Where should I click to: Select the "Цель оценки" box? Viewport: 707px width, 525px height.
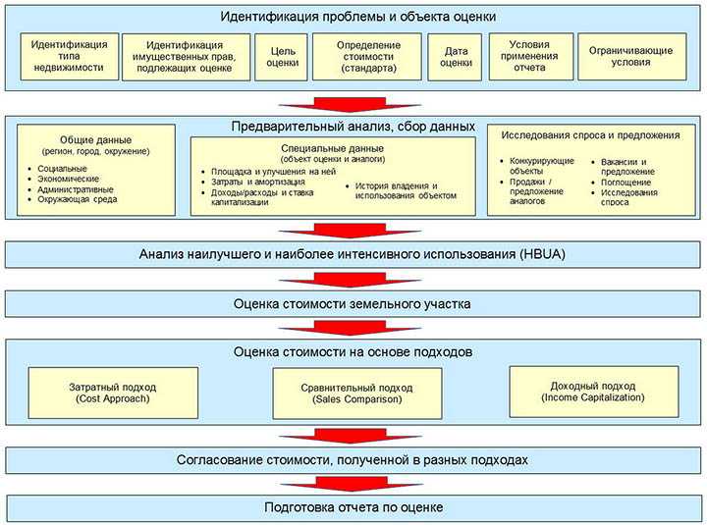pos(282,57)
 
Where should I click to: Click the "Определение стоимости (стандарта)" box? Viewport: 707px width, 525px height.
pos(367,57)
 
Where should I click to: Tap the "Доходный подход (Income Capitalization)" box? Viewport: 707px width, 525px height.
pos(593,391)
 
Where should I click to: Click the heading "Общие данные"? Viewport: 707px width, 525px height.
pos(95,140)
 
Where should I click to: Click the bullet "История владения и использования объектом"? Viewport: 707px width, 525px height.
pos(403,190)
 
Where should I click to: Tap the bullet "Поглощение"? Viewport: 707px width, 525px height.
pos(625,183)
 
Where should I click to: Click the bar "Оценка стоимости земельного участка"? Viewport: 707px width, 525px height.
pos(352,303)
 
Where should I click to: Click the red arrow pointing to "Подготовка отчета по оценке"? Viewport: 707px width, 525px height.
pos(353,482)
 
